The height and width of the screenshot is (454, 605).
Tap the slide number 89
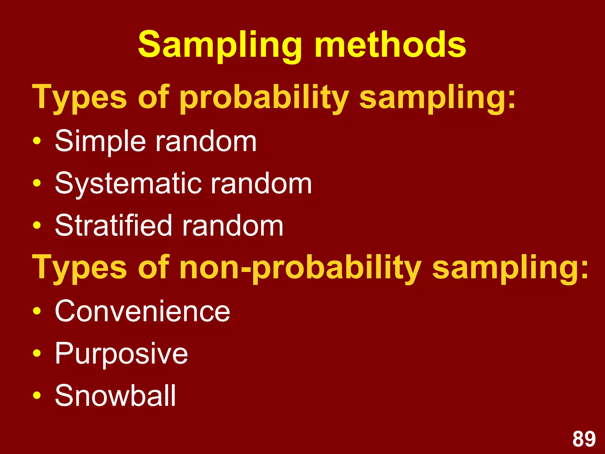pyautogui.click(x=584, y=439)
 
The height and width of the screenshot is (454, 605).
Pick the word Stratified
pyautogui.click(x=113, y=226)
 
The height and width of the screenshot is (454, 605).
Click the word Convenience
pyautogui.click(x=142, y=311)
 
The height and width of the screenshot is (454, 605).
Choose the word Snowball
pyautogui.click(x=116, y=395)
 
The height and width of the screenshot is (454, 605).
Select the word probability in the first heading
pyautogui.click(x=264, y=98)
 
